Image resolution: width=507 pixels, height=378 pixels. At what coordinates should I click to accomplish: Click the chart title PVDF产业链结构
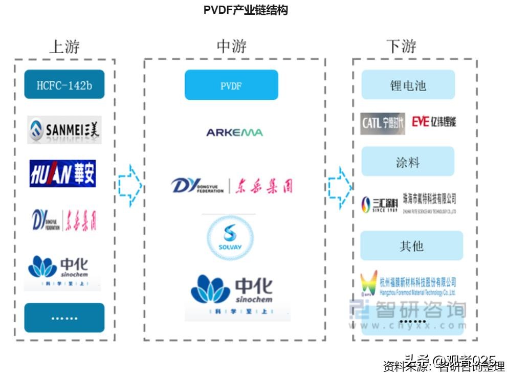pos(245,10)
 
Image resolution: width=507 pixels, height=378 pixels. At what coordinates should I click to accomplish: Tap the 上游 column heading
pos(64,47)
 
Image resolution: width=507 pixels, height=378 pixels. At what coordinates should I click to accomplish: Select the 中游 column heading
pos(231,47)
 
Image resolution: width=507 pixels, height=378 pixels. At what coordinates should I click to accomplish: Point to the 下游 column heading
pos(401,47)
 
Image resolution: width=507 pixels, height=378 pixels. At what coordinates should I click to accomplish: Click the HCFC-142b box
pos(64,85)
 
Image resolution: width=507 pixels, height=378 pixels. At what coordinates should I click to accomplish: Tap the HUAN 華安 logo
pos(62,174)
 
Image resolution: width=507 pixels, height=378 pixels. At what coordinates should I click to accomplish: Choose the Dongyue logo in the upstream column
pos(64,219)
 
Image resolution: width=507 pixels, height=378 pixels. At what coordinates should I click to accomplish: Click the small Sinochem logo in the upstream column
pos(62,272)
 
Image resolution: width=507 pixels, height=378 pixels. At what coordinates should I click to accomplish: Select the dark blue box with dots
pos(64,318)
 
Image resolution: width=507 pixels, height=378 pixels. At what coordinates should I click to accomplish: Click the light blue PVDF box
pos(231,85)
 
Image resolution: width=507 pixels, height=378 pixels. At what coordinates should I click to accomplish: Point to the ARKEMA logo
pos(234,132)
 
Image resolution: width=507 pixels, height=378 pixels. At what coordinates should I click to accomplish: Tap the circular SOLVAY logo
pos(230,237)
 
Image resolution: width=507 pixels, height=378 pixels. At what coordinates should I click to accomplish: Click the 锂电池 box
pos(408,85)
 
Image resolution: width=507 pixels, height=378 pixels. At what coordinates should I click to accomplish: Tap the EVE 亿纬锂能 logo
pos(433,122)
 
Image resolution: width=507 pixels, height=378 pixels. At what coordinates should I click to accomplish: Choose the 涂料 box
pos(408,162)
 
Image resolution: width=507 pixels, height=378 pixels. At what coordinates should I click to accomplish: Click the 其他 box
pos(411,246)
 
